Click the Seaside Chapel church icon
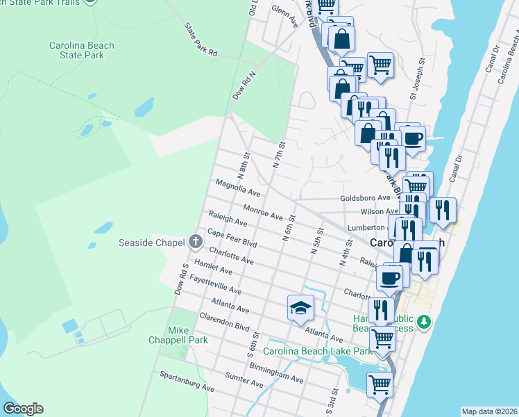pyautogui.click(x=196, y=243)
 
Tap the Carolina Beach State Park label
pyautogui.click(x=81, y=50)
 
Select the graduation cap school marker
pyautogui.click(x=300, y=307)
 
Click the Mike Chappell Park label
pyautogui.click(x=169, y=335)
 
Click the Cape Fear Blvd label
pyautogui.click(x=232, y=239)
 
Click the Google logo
pyautogui.click(x=23, y=409)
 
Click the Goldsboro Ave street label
pyautogui.click(x=365, y=198)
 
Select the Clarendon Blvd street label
pyautogui.click(x=224, y=320)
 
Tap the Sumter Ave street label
pyautogui.click(x=244, y=379)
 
